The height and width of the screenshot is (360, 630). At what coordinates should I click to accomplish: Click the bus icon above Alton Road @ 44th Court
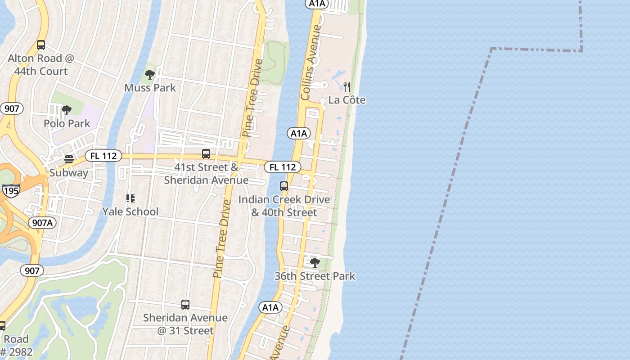41,45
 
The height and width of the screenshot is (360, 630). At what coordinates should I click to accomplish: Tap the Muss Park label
150,87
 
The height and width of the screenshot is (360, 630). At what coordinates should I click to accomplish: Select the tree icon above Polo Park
67,110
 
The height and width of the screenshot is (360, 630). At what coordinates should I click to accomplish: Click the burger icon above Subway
69,159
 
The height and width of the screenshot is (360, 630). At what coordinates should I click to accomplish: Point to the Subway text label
69,173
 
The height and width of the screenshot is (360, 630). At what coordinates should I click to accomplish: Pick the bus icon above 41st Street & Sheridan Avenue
206,154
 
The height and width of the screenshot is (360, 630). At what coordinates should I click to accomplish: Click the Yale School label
130,211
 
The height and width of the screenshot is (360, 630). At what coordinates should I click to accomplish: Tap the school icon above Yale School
130,198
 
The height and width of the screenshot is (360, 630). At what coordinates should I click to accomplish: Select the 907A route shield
42,223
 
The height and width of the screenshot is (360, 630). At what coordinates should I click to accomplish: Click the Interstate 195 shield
11,191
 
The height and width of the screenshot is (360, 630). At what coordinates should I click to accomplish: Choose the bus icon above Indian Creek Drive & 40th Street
284,186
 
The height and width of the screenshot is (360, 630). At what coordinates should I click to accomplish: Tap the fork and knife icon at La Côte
346,86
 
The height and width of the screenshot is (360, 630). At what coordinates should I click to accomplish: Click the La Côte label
346,100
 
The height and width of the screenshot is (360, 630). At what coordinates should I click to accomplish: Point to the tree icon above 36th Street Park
315,262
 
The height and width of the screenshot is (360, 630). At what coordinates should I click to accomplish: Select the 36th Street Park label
315,276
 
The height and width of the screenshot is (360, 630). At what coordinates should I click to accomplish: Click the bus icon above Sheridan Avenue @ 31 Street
185,305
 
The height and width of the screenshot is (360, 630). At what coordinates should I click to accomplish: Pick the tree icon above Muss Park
150,74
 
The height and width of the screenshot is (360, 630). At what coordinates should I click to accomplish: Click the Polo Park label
67,123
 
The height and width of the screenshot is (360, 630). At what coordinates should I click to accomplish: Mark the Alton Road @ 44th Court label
40,65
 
